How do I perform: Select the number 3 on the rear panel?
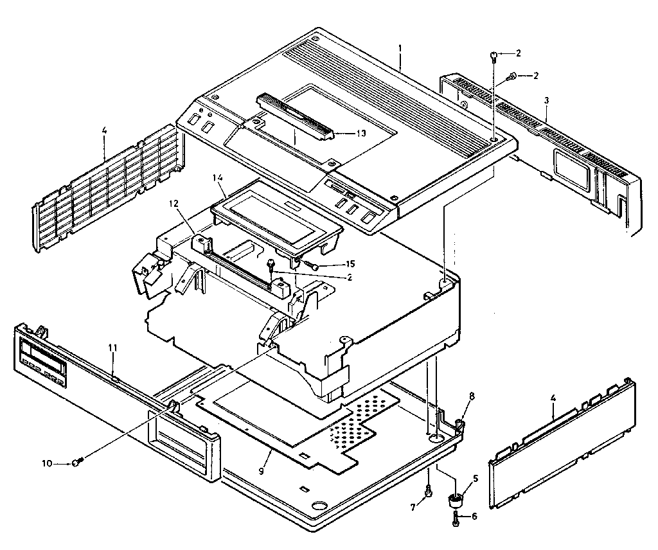pyautogui.click(x=546, y=100)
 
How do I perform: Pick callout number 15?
pyautogui.click(x=350, y=263)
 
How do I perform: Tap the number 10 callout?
pyautogui.click(x=46, y=463)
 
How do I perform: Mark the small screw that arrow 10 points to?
pyautogui.click(x=76, y=462)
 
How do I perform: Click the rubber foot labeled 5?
pyautogui.click(x=456, y=499)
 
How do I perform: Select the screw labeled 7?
pyautogui.click(x=429, y=493)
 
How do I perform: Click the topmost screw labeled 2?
pyautogui.click(x=493, y=56)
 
